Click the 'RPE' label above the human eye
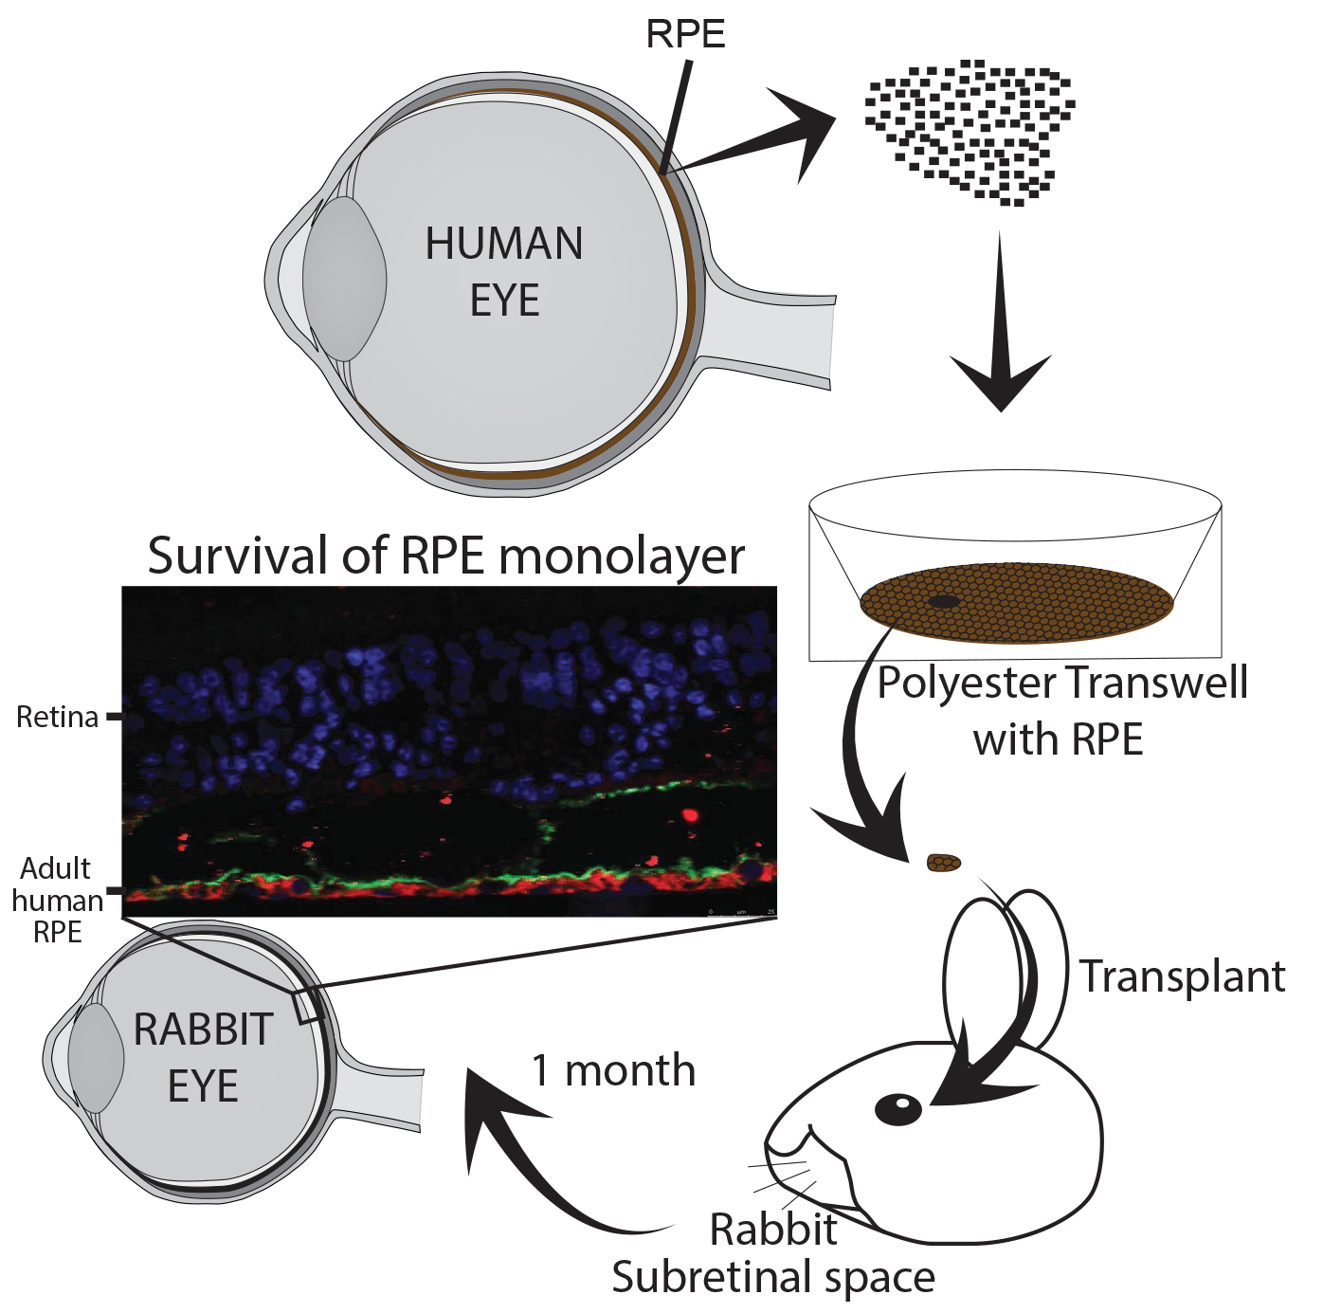point(685,35)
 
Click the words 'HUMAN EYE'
point(503,272)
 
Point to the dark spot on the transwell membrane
point(943,602)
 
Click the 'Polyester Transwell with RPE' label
point(1061,709)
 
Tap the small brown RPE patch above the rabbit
point(944,863)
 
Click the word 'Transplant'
point(1182,976)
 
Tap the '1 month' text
point(613,1070)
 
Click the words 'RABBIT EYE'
point(203,1058)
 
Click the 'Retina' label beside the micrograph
point(58,718)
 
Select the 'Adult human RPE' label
point(57,900)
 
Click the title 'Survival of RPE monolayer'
point(445,556)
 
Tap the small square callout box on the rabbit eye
point(308,1006)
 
